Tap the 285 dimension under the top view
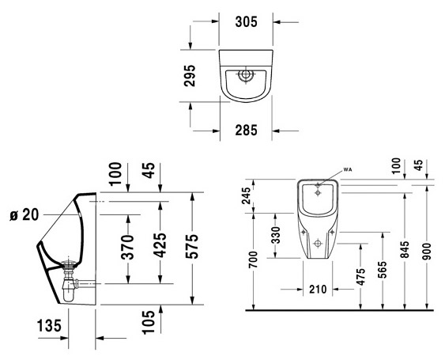click(x=245, y=131)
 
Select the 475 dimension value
click(x=360, y=277)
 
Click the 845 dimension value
click(x=405, y=250)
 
